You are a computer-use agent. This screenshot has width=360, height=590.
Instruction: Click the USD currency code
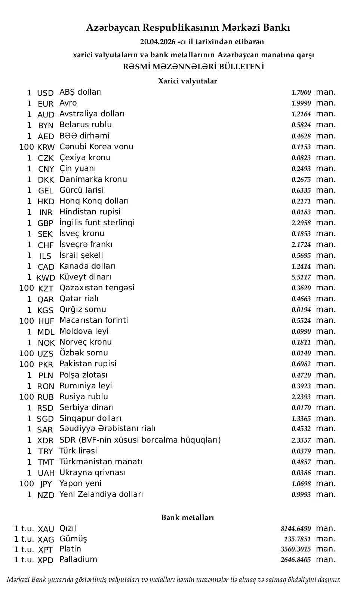[46, 93]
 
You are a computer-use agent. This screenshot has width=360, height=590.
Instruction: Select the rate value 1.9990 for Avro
[301, 103]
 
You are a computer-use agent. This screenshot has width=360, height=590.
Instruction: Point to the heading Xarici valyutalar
[187, 81]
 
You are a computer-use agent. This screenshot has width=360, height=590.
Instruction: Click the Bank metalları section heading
[187, 517]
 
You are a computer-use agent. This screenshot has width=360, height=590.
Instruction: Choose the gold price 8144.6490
[295, 529]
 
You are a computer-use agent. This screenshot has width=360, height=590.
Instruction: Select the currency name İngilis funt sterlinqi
[97, 223]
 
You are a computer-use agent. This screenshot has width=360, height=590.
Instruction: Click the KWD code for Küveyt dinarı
[46, 278]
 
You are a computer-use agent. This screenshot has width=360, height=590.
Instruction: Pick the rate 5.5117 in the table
[301, 277]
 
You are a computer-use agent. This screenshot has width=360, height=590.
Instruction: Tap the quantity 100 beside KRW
[27, 147]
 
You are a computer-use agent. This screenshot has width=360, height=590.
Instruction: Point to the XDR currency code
[46, 441]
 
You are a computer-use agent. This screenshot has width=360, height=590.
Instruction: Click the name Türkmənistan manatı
[101, 462]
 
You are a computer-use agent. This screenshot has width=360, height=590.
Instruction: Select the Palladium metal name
[78, 559]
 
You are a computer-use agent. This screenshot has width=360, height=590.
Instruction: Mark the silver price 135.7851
[297, 539]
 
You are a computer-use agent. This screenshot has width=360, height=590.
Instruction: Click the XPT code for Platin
[46, 550]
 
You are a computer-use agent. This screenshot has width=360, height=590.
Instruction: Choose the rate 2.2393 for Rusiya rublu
[301, 397]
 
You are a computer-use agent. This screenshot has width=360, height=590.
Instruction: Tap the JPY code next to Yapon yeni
[46, 484]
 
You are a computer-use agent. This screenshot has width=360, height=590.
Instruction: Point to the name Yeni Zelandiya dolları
[101, 494]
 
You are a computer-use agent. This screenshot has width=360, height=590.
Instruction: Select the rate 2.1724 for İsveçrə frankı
[301, 245]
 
